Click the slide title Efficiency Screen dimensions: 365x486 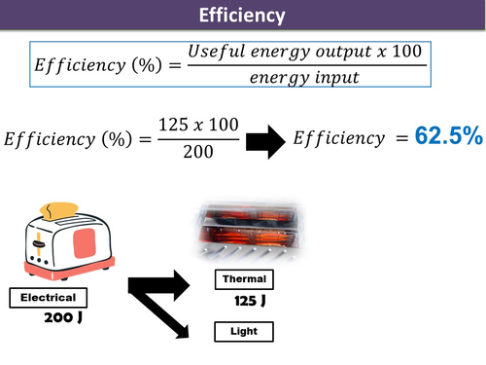[242, 16]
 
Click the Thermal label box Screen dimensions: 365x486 [243, 279]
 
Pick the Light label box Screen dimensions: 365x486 [243, 332]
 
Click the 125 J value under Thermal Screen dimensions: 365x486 [251, 302]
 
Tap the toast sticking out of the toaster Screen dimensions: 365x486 [61, 208]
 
